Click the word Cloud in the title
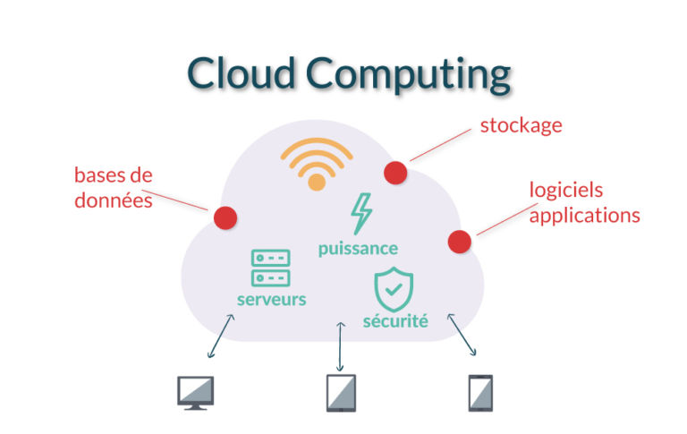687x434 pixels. [237, 73]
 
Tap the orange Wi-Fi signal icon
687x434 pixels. [316, 164]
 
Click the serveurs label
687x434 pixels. [271, 299]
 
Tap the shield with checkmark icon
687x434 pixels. [394, 288]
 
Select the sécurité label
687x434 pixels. [395, 319]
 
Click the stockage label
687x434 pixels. [521, 125]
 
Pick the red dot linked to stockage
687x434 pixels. [395, 172]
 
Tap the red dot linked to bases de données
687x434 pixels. [225, 217]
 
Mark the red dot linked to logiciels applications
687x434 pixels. [459, 242]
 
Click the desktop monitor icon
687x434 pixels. [196, 392]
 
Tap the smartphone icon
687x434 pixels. [480, 392]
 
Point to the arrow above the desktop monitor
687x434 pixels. [220, 339]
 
